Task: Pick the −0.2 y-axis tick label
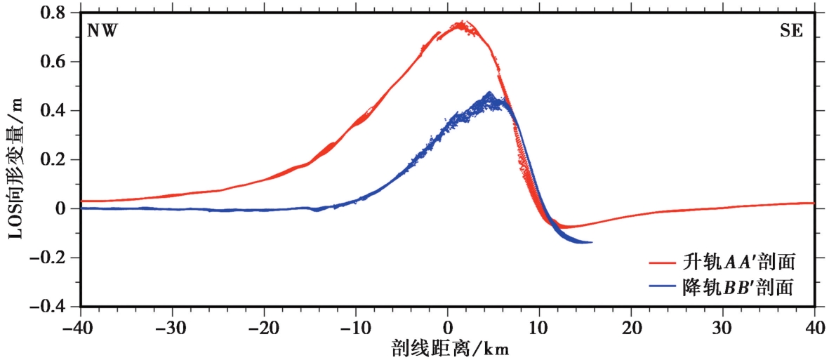coord(53,258)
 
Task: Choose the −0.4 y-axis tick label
coord(53,307)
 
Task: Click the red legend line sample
coord(663,263)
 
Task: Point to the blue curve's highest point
coord(489,93)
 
